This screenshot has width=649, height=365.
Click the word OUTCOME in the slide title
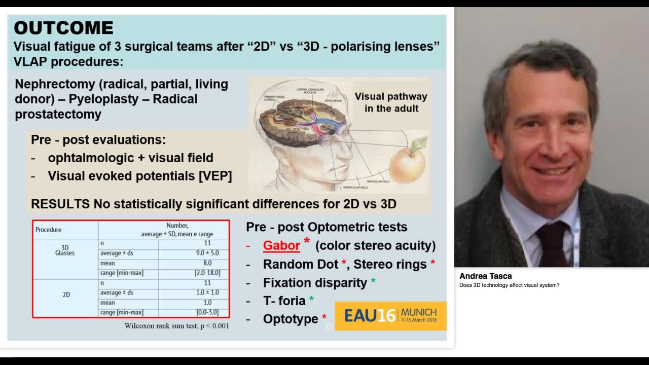coord(63,27)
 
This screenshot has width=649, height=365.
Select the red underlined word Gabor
coord(281,245)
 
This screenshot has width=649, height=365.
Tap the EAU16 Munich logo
coord(390,315)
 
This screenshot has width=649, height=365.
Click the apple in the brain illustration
coord(407,162)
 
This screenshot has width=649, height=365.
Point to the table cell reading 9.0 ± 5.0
coord(207,253)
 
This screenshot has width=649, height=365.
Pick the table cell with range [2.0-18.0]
coord(207,273)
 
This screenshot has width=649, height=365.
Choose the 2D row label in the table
coord(66,295)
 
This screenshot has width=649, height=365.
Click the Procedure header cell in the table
coord(49,230)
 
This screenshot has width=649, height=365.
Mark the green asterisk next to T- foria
coord(311,300)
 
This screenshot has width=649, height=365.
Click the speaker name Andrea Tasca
coord(485,276)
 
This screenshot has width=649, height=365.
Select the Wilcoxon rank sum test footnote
coord(176,326)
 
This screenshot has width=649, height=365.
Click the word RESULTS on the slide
coord(60,204)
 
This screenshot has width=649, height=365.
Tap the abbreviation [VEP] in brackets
coord(215,176)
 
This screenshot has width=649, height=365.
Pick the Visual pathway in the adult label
coord(390,102)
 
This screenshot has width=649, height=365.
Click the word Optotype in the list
coord(290,319)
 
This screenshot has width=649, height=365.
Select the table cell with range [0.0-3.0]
coord(207,312)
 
